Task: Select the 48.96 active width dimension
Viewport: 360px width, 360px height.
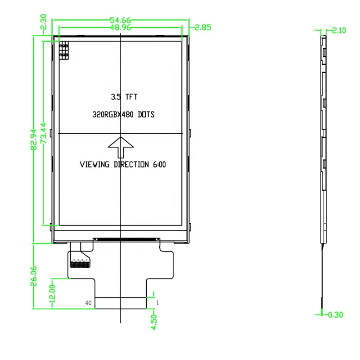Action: pos(120,28)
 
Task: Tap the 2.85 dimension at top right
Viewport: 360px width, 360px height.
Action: pos(202,28)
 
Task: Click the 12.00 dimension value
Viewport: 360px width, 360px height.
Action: pos(52,293)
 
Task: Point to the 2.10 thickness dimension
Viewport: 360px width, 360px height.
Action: pos(338,31)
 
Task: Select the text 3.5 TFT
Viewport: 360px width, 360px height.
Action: pos(124,97)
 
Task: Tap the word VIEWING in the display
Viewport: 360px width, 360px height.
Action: pos(94,165)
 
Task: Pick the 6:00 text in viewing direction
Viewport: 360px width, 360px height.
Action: pos(159,165)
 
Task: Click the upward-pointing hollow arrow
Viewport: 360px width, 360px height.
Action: pos(121,144)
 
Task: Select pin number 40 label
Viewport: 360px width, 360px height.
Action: pos(89,303)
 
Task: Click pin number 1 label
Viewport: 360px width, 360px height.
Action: pos(157,303)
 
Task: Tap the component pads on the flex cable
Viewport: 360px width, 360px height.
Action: pos(80,264)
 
